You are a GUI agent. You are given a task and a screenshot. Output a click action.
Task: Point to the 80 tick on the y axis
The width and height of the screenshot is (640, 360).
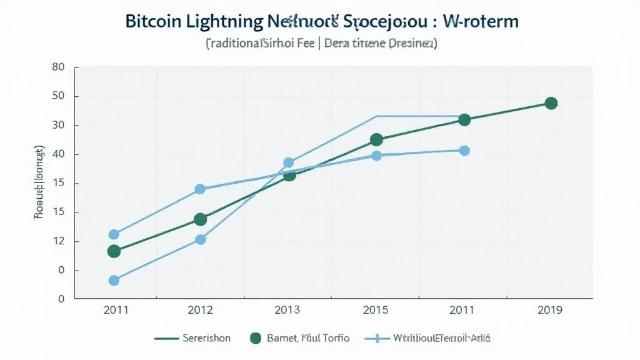tap(57, 67)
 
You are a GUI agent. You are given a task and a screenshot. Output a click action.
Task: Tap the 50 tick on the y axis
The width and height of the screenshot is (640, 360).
tap(57, 96)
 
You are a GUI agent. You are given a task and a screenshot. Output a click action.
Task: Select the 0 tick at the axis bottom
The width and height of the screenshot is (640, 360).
tap(61, 299)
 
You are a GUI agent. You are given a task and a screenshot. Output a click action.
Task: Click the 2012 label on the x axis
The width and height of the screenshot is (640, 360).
tap(200, 310)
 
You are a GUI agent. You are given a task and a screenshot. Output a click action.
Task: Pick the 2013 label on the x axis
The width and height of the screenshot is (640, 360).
tap(288, 310)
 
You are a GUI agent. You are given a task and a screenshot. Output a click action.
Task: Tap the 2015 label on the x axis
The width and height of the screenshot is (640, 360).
tap(376, 310)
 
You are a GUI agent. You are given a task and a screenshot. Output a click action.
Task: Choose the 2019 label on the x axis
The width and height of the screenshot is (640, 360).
tap(549, 310)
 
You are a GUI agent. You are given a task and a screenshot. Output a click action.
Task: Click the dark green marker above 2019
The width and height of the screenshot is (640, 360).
tap(551, 103)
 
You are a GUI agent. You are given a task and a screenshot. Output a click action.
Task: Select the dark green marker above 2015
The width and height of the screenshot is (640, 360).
tap(376, 140)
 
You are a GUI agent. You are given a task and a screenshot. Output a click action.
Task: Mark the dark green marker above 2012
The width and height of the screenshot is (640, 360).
tap(200, 219)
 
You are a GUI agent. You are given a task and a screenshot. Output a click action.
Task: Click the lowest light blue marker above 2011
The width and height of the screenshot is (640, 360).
tap(114, 281)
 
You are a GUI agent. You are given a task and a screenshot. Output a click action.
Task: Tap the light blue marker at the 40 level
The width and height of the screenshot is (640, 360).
tap(464, 151)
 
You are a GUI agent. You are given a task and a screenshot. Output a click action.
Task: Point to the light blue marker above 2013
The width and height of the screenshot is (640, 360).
tap(288, 162)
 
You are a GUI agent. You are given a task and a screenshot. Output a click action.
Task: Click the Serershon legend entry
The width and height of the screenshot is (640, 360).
tap(206, 338)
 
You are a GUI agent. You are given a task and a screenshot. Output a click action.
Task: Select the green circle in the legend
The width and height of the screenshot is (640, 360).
tap(255, 338)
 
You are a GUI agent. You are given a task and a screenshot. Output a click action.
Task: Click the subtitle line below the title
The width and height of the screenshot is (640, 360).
tap(321, 44)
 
